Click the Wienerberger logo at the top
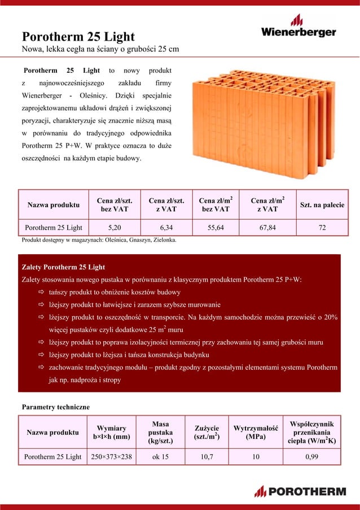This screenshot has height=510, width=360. pyautogui.click(x=297, y=28)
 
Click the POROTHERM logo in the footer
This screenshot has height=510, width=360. pyautogui.click(x=300, y=491)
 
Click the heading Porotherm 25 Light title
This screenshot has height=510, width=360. pyautogui.click(x=78, y=37)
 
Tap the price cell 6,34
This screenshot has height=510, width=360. pyautogui.click(x=166, y=228)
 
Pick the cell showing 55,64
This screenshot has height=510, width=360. pyautogui.click(x=216, y=228)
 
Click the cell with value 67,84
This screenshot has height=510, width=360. pyautogui.click(x=267, y=228)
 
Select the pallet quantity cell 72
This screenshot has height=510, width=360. pyautogui.click(x=322, y=228)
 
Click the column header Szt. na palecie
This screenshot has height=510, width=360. pyautogui.click(x=322, y=204)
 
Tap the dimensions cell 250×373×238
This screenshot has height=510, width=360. pyautogui.click(x=111, y=456)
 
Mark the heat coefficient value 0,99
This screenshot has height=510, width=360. pyautogui.click(x=312, y=456)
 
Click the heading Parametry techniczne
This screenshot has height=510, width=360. pyautogui.click(x=55, y=407)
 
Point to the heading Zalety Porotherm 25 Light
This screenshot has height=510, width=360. pyautogui.click(x=63, y=267)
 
